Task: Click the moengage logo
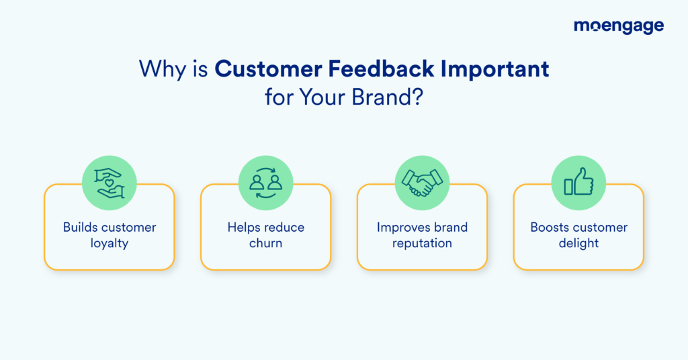618,27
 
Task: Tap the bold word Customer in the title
264,69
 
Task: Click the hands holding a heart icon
109,183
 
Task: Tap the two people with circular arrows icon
265,183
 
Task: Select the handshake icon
422,183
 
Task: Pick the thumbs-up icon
578,183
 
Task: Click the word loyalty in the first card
109,243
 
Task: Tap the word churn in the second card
265,243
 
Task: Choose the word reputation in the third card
422,243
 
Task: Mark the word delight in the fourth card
578,243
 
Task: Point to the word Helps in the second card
243,227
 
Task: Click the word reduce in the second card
284,227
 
